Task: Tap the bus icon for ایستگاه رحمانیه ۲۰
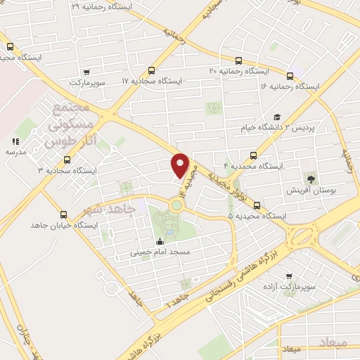[x=238, y=60]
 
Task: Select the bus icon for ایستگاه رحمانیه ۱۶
[x=290, y=75]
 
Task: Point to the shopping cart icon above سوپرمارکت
[x=86, y=72]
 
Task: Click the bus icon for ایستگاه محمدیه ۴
[x=253, y=155]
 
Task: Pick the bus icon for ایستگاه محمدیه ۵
[x=257, y=206]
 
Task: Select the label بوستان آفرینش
[x=311, y=191]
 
